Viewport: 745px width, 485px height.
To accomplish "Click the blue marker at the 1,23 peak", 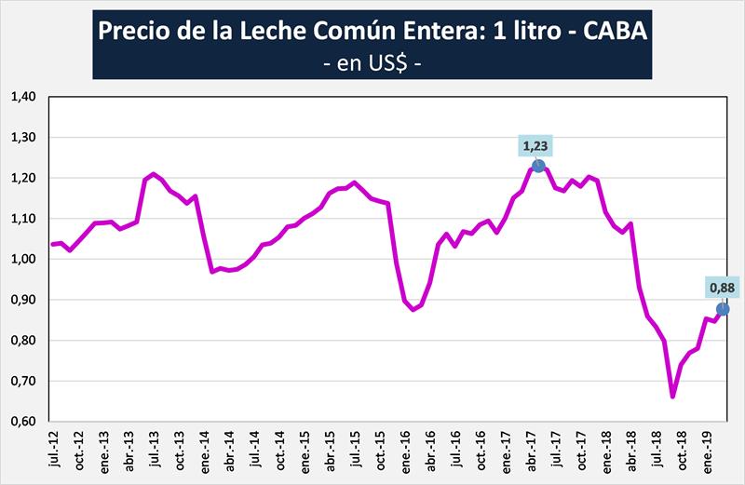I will [538, 167].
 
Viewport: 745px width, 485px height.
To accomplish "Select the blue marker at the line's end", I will [722, 309].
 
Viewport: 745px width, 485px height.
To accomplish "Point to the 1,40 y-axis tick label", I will [22, 97].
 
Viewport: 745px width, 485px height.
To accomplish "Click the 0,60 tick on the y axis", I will [22, 422].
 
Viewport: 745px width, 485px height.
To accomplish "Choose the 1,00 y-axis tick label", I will [22, 260].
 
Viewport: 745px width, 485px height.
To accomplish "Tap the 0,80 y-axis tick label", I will [22, 341].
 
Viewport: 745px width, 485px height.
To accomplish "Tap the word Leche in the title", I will [292, 32].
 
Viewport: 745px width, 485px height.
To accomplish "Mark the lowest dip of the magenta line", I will [672, 396].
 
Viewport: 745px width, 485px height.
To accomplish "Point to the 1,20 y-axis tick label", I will [22, 178].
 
